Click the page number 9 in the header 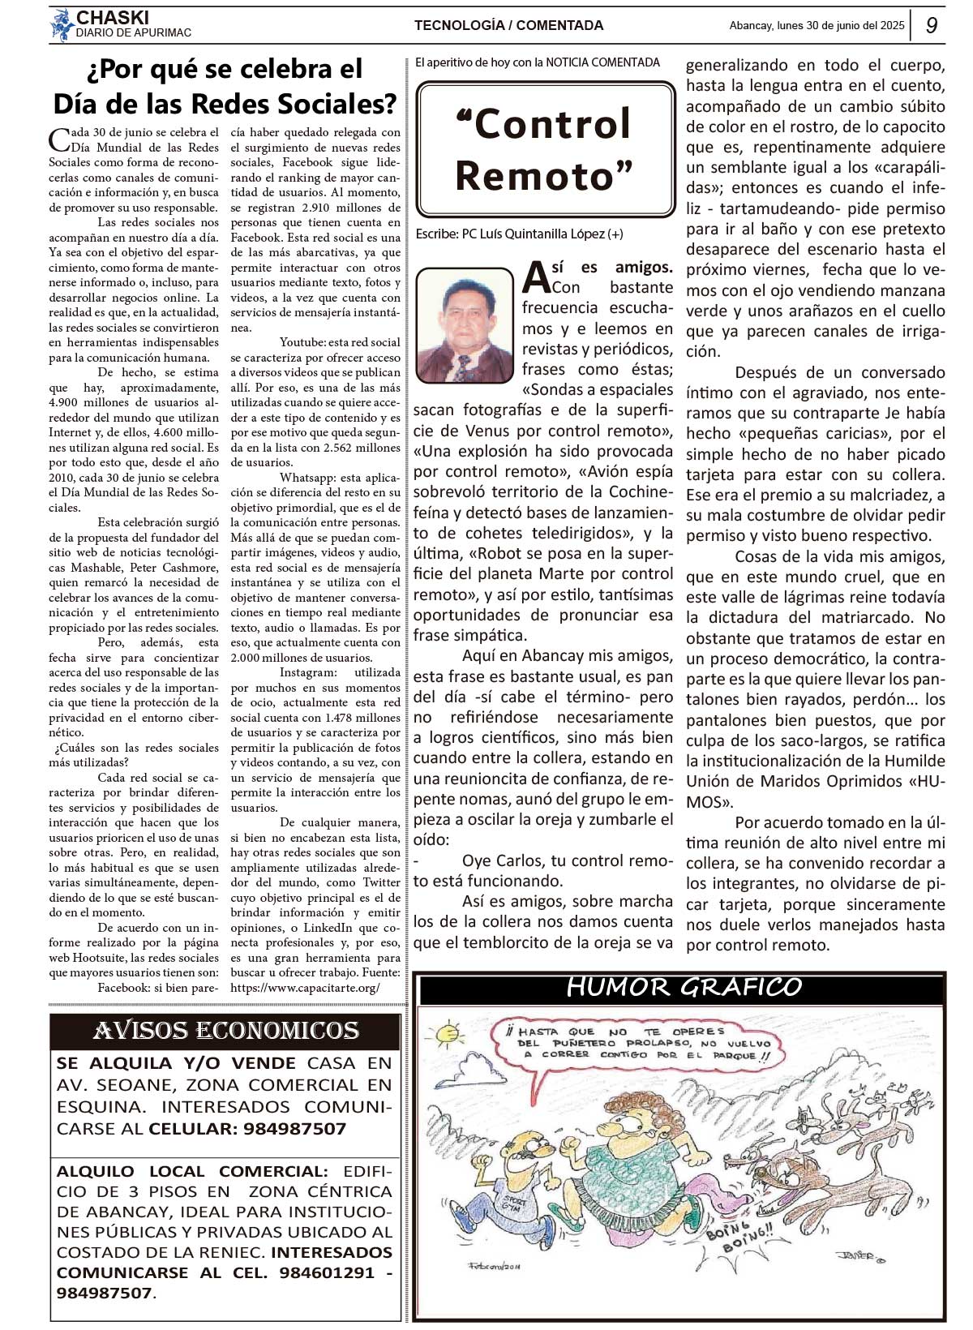click(932, 26)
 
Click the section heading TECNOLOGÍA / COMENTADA click(508, 26)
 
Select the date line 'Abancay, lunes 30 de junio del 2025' click(817, 26)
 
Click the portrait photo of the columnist click(465, 325)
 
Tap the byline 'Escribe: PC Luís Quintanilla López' click(519, 234)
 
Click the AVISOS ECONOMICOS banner click(225, 1031)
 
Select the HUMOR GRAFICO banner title click(683, 987)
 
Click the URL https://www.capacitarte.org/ click(305, 988)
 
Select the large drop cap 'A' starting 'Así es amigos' click(536, 277)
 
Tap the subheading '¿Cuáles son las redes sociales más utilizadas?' click(134, 755)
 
